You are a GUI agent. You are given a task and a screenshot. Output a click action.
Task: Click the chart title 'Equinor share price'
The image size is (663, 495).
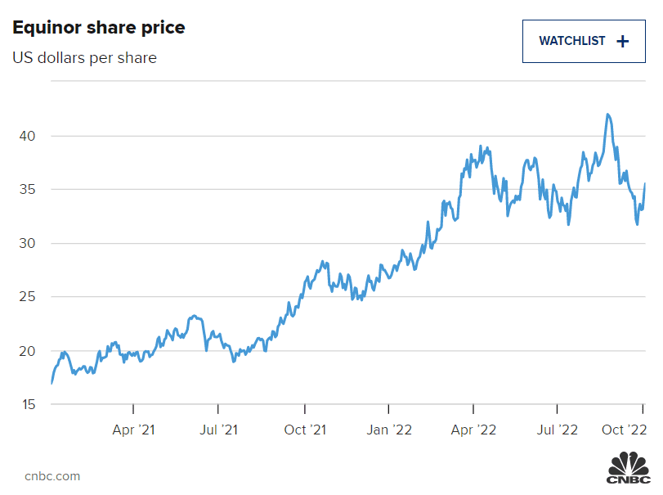click(99, 28)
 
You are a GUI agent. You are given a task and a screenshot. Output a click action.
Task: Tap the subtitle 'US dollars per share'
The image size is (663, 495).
click(84, 58)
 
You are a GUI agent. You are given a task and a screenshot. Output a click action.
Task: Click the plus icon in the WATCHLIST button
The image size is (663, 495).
click(623, 41)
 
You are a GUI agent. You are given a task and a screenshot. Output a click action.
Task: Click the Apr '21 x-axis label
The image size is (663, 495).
click(133, 429)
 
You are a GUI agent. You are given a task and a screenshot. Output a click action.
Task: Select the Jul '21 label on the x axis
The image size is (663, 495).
click(218, 429)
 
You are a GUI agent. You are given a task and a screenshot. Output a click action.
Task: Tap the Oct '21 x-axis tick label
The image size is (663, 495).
click(305, 429)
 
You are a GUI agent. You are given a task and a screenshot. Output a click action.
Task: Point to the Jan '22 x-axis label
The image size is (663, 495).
click(389, 429)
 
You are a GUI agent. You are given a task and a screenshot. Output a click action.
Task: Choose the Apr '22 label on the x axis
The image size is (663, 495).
click(474, 429)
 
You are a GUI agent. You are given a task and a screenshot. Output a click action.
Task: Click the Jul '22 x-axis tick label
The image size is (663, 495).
click(558, 429)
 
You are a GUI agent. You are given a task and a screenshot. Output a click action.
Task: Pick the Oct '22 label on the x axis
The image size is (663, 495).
click(625, 429)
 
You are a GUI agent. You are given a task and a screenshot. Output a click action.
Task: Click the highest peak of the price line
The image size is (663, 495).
click(607, 115)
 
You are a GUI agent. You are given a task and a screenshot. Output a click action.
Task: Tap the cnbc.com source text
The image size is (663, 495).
click(52, 476)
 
